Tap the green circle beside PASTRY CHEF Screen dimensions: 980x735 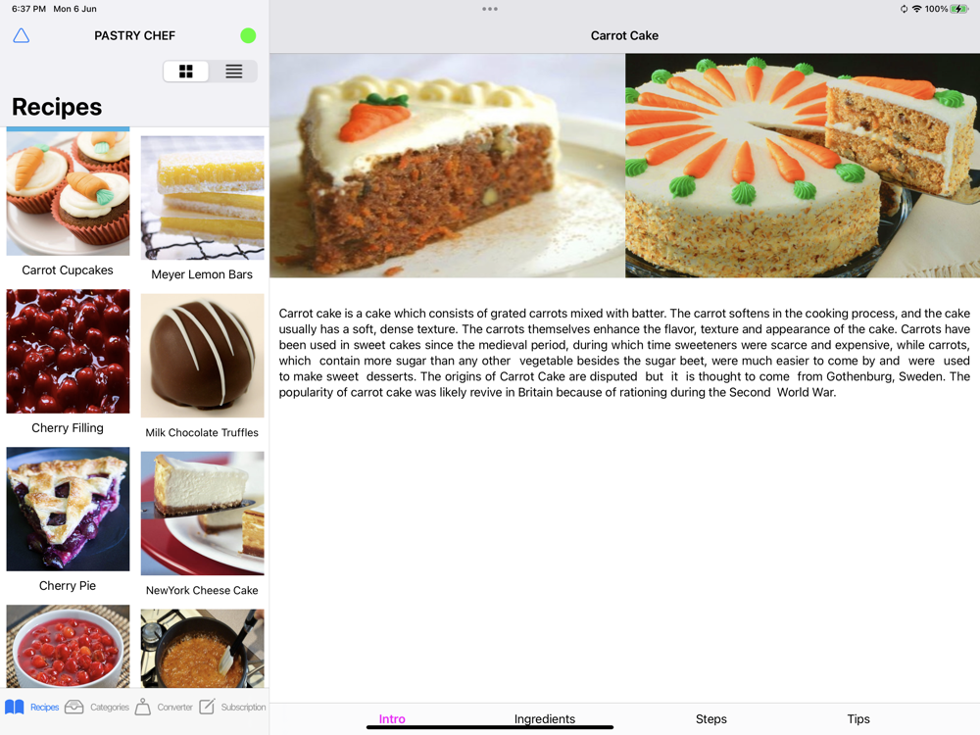click(248, 35)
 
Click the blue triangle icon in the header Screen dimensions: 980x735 click(22, 35)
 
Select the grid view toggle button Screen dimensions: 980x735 click(185, 72)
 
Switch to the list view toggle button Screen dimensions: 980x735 click(234, 72)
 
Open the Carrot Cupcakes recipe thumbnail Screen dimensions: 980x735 click(69, 193)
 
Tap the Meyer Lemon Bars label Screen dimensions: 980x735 click(202, 274)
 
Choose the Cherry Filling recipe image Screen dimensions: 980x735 click(69, 351)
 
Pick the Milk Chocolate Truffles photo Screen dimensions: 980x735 click(203, 356)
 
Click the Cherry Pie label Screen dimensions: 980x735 click(68, 586)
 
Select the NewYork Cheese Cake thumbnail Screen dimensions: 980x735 click(203, 514)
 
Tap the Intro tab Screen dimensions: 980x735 click(392, 718)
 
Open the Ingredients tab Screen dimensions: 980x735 click(544, 718)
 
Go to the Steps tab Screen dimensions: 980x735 click(711, 718)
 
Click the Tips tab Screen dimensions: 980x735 click(858, 718)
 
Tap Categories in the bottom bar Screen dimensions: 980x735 click(97, 707)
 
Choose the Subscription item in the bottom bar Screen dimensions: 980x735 click(232, 707)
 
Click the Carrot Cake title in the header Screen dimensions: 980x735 click(624, 35)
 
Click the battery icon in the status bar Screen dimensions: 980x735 click(959, 9)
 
